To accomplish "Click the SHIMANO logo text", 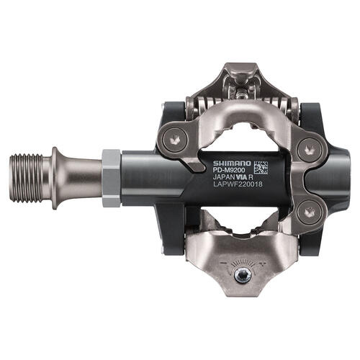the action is point(232,163).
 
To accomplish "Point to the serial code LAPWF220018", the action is point(238,184).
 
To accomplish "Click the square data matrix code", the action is point(261,167).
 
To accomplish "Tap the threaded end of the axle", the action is point(27,178).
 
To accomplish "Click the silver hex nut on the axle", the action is point(111,178).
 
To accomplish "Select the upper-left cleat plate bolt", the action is point(175,138).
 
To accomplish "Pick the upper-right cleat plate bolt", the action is point(308,150).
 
